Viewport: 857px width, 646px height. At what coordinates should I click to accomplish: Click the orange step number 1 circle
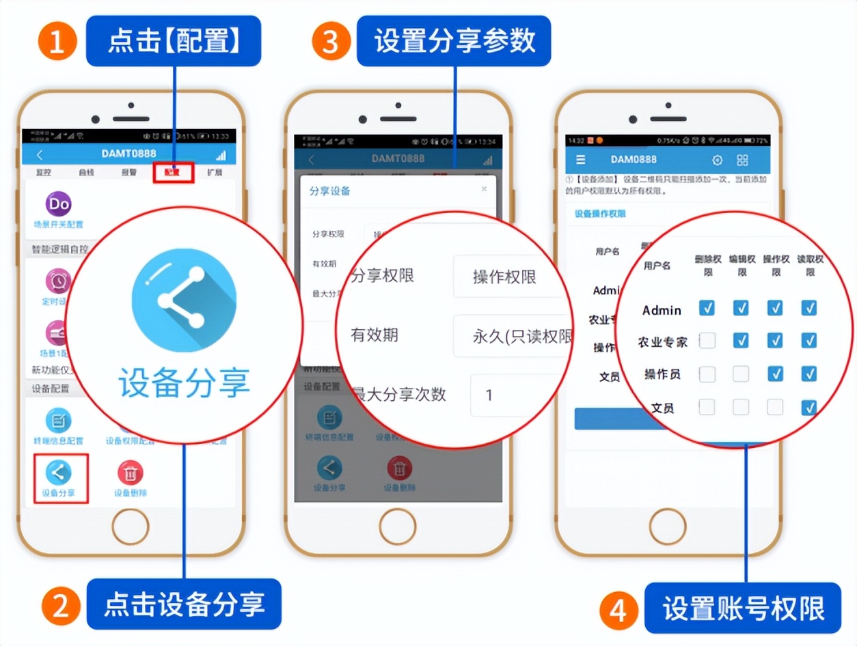point(57,42)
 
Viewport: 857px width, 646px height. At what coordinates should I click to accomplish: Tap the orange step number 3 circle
point(331,42)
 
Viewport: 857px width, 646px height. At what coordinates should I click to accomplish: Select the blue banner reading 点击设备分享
point(184,604)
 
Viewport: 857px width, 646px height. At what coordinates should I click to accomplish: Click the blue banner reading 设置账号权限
point(743,608)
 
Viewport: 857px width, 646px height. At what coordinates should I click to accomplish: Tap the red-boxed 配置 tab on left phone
point(174,172)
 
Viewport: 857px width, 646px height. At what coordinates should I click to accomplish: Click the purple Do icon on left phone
point(59,203)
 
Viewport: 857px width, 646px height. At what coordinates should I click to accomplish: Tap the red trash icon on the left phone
point(130,473)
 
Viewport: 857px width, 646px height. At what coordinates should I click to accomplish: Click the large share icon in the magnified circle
point(184,300)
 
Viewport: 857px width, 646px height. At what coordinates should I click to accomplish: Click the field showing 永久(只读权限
point(513,336)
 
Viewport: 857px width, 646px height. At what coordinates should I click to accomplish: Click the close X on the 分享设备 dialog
point(484,188)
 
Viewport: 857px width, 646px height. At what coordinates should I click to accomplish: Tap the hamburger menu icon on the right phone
point(581,160)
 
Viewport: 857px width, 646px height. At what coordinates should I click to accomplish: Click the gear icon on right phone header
point(717,160)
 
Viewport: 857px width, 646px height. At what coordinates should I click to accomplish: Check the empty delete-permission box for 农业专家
point(707,340)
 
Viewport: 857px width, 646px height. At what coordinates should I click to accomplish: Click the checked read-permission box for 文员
point(809,408)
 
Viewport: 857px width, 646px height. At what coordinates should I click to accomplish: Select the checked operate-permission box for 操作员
point(775,374)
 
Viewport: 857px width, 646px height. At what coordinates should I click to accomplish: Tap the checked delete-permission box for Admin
point(707,308)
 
